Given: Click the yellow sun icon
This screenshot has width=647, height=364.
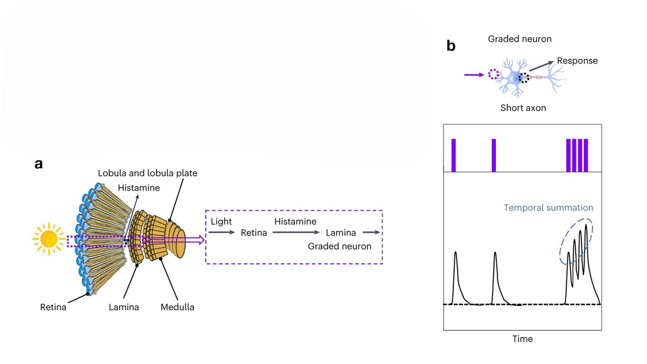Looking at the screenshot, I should point(48,239).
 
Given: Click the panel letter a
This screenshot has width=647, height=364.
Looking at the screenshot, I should point(39,164).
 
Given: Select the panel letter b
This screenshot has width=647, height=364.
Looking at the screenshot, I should point(451,46).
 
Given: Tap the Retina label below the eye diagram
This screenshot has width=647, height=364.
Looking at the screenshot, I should point(53,307).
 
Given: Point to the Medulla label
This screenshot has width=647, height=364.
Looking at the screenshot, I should point(177,307).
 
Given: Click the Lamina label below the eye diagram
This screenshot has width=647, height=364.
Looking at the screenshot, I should point(124,307).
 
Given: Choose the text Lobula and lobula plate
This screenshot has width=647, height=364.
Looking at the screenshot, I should point(147,173).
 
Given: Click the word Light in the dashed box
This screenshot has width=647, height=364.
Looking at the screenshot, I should point(221,222).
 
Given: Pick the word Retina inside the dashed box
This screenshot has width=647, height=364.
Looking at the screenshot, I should point(254,233).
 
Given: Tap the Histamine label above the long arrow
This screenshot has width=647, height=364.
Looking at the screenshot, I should point(295,222).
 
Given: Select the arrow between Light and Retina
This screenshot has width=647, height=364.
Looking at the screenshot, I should point(222,232).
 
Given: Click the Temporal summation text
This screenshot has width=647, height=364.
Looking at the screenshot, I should point(548,208).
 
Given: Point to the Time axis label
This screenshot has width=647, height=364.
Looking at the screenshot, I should point(522,339).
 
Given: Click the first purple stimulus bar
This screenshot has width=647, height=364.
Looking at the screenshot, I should point(453,155).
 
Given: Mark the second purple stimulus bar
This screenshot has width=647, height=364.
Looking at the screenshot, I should point(494,155).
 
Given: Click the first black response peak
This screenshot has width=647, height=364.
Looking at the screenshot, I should point(456,253).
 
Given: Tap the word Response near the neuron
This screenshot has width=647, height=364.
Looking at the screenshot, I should point(577,61).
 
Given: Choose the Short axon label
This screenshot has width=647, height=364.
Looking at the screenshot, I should point(523,108).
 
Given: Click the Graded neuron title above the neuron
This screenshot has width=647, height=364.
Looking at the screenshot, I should point(519,39).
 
